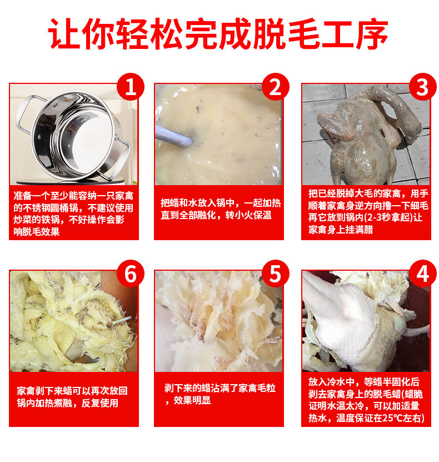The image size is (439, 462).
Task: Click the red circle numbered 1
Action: click(x=131, y=87)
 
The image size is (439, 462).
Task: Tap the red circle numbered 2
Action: click(x=276, y=87)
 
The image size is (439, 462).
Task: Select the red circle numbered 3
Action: click(x=422, y=87)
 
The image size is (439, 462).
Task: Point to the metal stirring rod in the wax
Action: click(x=172, y=135)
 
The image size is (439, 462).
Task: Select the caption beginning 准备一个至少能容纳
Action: click(x=74, y=213)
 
